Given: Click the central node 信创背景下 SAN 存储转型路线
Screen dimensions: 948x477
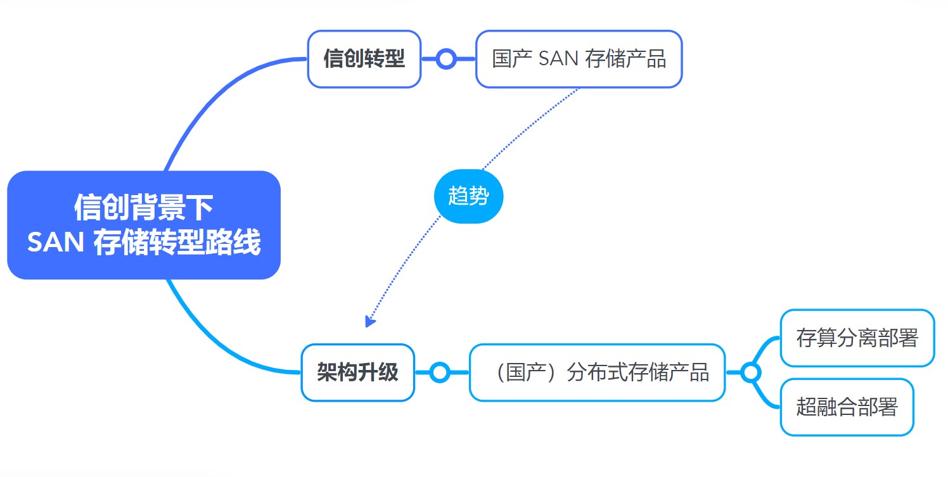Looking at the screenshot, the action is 144,225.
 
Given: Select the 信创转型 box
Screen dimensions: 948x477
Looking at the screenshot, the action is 364,59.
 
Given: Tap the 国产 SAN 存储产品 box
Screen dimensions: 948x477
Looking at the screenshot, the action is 579,59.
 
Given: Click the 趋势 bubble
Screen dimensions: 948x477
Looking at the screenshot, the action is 468,196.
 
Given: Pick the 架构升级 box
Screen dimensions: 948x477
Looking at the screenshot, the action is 357,372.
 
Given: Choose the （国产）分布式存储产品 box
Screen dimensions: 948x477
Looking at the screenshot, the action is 598,372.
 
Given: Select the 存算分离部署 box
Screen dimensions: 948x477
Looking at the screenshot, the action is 857,338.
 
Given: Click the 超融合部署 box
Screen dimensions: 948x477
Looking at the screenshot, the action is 847,407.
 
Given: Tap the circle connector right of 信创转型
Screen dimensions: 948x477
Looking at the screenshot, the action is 446,59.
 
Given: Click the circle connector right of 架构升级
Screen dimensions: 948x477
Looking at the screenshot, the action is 440,372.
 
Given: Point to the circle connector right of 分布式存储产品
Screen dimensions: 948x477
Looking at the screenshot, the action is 751,372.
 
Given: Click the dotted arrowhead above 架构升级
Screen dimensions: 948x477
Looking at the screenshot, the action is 370,321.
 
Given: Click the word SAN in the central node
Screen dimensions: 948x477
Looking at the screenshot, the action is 55,242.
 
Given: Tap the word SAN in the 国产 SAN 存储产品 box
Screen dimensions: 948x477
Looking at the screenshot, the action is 558,58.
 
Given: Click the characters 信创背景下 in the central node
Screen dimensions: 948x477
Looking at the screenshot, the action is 144,207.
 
